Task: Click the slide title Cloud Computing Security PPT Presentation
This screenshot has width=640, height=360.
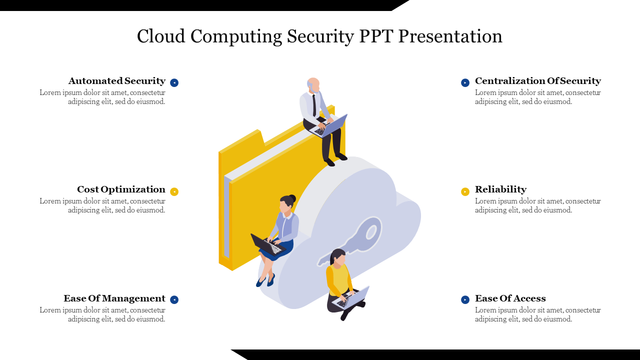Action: point(319,36)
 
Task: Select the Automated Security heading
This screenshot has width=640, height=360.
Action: point(117,81)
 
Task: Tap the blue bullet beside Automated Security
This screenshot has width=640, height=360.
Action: point(174,82)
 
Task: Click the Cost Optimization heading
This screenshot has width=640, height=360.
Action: point(121,189)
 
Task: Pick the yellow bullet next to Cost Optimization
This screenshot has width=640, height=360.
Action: point(174,191)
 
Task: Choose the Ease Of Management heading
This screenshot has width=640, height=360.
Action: point(114,298)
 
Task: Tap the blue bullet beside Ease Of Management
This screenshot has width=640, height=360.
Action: point(174,299)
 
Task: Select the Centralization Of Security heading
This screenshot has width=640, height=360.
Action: point(538,81)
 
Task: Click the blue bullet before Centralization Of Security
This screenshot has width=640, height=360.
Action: point(465,82)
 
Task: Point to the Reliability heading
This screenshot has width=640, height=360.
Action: point(500,189)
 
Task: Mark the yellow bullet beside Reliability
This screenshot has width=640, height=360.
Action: point(465,191)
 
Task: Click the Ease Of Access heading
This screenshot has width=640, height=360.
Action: point(510,298)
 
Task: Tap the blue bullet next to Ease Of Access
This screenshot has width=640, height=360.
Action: point(465,299)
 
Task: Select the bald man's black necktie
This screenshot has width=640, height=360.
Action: point(314,105)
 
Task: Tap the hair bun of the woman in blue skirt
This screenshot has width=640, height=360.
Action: point(292,198)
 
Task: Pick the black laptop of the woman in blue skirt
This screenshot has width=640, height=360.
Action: point(267,245)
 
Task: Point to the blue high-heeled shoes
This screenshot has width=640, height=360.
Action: point(265,280)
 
